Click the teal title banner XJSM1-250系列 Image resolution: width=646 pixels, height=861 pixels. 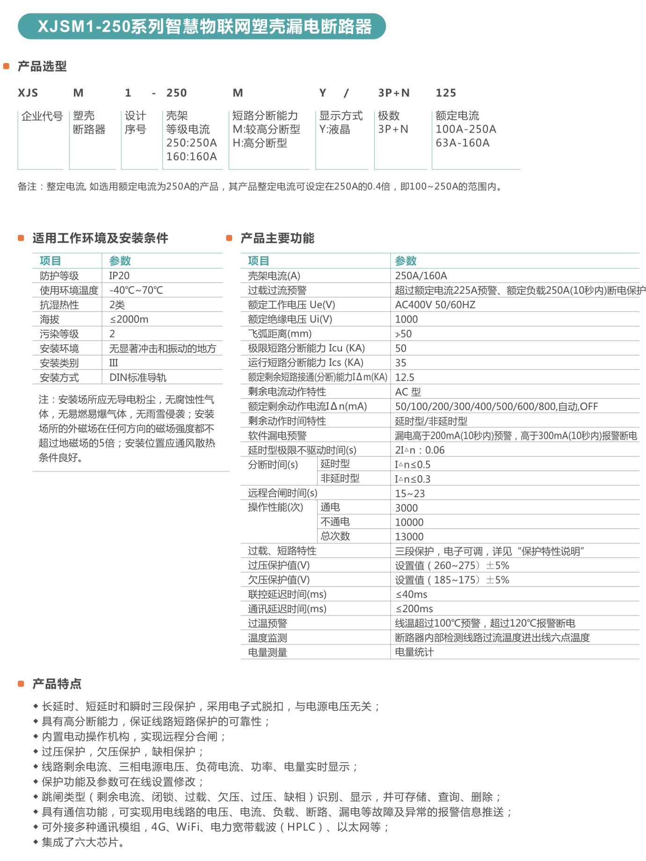click(202, 26)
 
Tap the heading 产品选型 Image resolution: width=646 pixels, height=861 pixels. click(42, 66)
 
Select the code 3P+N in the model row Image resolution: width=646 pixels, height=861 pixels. click(393, 93)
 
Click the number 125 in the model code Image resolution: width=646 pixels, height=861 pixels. click(445, 93)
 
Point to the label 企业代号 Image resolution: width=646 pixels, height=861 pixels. click(42, 116)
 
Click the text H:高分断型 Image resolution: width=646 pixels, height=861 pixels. click(260, 143)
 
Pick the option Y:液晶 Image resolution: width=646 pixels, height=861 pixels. click(334, 130)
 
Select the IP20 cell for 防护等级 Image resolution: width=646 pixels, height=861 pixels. click(119, 276)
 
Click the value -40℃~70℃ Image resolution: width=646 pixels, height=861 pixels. click(136, 290)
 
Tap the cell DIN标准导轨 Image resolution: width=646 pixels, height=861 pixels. click(138, 377)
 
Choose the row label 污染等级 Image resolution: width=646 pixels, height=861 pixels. click(59, 334)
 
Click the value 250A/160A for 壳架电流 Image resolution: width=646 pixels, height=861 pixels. click(421, 276)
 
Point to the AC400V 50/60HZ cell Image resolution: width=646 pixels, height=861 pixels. click(435, 305)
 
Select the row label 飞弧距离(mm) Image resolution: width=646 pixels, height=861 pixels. click(280, 334)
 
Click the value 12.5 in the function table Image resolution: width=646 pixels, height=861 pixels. click(405, 377)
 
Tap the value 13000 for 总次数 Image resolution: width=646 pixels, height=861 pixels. click(409, 537)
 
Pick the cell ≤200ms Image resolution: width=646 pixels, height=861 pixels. click(414, 609)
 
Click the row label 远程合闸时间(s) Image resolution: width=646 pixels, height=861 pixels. click(283, 493)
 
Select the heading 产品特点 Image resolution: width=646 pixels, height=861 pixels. click(57, 684)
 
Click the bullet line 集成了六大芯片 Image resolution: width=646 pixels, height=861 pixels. click(83, 842)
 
